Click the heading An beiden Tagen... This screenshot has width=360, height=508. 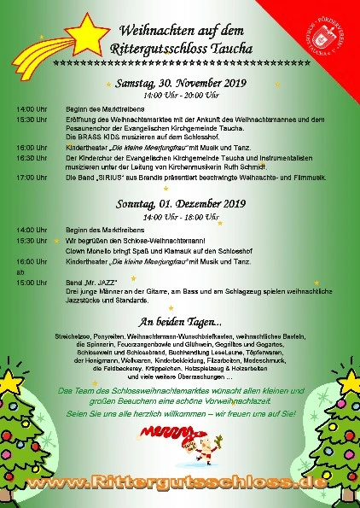point(180,322)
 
